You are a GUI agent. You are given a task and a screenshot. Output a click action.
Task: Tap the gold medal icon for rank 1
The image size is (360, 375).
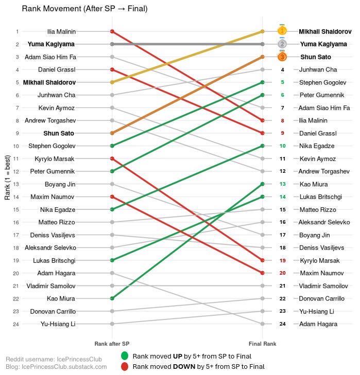[282, 31]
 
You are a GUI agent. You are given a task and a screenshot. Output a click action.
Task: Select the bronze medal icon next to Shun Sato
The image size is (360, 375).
[282, 57]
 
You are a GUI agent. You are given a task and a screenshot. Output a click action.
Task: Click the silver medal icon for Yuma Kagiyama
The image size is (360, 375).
[282, 44]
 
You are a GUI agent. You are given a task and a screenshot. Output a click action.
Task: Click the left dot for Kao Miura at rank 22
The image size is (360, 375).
[112, 298]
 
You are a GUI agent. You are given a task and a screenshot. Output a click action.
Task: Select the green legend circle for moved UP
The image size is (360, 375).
[124, 356]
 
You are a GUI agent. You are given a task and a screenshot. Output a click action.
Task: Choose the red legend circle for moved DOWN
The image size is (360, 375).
[124, 367]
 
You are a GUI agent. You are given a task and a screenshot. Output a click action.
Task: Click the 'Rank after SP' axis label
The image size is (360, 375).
[112, 343]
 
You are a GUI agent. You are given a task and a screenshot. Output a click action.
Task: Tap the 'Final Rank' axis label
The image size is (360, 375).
[263, 343]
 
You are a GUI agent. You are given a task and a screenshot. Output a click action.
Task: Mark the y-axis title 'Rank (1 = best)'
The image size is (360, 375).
[7, 177]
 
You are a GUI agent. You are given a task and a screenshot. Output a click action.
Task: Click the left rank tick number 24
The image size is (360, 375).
[16, 324]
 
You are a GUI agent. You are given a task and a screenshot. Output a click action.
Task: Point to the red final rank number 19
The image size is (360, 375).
[282, 260]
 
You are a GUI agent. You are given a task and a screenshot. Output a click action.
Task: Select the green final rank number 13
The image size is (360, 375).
[282, 184]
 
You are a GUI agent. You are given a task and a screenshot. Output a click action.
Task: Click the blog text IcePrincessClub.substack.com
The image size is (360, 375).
[56, 367]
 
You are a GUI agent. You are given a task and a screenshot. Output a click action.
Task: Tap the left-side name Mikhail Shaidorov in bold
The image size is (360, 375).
[49, 82]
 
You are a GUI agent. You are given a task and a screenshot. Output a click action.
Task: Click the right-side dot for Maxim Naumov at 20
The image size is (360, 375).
[263, 273]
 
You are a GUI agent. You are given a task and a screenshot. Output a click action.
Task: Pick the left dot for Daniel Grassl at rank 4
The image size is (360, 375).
[112, 69]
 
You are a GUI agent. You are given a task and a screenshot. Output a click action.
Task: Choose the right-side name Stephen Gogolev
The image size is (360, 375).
[322, 82]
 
